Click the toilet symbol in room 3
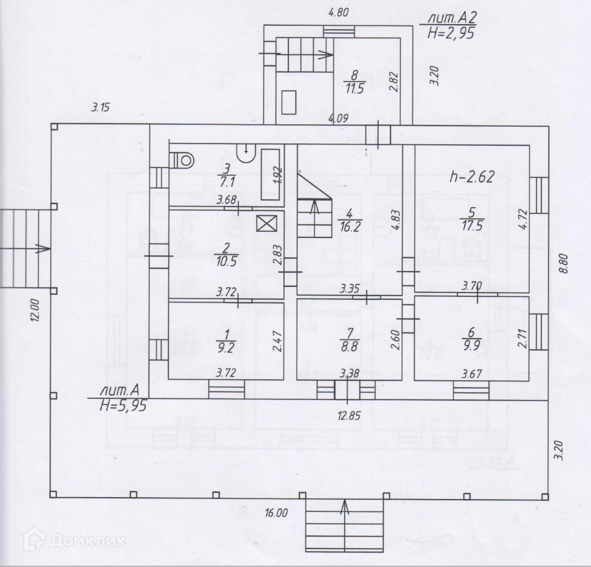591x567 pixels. (x=182, y=160)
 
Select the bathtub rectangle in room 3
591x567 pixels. (x=270, y=174)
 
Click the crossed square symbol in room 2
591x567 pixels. (x=267, y=223)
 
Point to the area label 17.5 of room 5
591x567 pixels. (x=472, y=226)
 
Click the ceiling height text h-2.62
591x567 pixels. (x=472, y=176)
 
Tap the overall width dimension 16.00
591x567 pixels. (x=276, y=513)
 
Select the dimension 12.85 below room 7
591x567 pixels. (x=349, y=416)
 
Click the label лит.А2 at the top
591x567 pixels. (x=452, y=18)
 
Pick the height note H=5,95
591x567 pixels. (x=123, y=406)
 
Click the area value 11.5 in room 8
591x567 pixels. (x=355, y=89)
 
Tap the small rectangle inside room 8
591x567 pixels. (x=289, y=102)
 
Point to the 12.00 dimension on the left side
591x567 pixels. (x=35, y=310)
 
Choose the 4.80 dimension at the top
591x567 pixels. (x=339, y=13)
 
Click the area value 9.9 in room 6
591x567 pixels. (x=471, y=345)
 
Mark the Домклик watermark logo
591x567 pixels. (x=74, y=540)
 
